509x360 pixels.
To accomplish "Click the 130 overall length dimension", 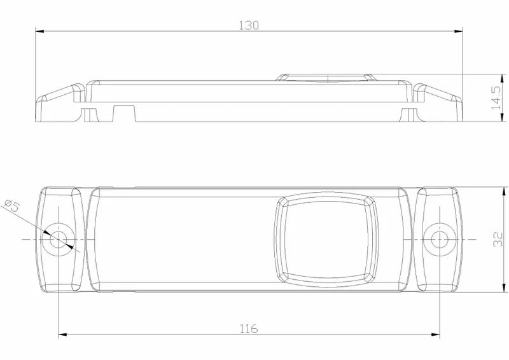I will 249,25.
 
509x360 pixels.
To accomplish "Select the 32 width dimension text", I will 498,239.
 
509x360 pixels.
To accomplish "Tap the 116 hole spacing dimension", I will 249,328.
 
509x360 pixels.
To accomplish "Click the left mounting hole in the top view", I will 59,239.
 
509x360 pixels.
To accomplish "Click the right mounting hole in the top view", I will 438,239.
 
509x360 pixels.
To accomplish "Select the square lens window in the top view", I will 326,238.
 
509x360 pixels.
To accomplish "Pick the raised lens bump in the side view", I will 326,78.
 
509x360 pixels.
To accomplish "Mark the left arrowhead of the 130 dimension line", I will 39,30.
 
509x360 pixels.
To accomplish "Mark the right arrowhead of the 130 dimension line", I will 458,30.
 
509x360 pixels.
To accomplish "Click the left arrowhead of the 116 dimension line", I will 62,335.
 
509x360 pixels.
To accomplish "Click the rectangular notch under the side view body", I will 125,113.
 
